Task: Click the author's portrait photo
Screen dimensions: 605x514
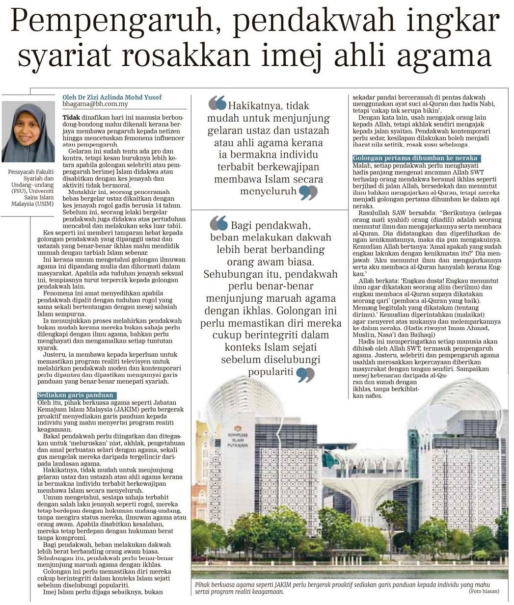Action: [28, 132]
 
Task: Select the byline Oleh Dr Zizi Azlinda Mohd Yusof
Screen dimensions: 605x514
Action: [112, 97]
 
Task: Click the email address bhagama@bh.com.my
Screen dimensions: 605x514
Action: [95, 105]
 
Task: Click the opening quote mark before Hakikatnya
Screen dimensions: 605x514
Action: [217, 104]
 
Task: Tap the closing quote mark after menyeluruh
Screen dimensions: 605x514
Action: [308, 192]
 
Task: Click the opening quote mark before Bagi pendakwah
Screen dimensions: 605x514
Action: [218, 224]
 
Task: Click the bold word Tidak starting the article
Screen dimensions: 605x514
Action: [72, 118]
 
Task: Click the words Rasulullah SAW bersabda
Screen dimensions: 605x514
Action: [395, 214]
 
